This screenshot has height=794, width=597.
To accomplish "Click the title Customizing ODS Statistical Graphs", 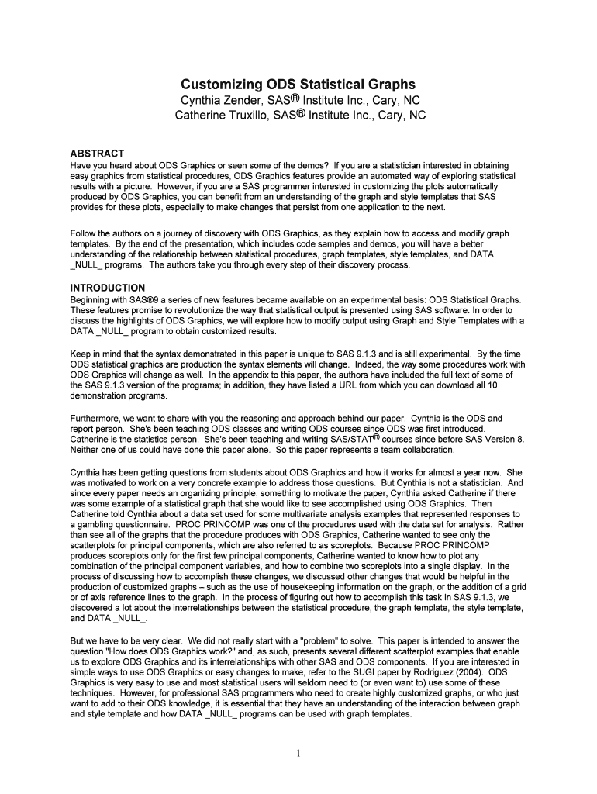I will click(298, 85).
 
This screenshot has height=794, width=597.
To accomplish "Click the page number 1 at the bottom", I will click(298, 751).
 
